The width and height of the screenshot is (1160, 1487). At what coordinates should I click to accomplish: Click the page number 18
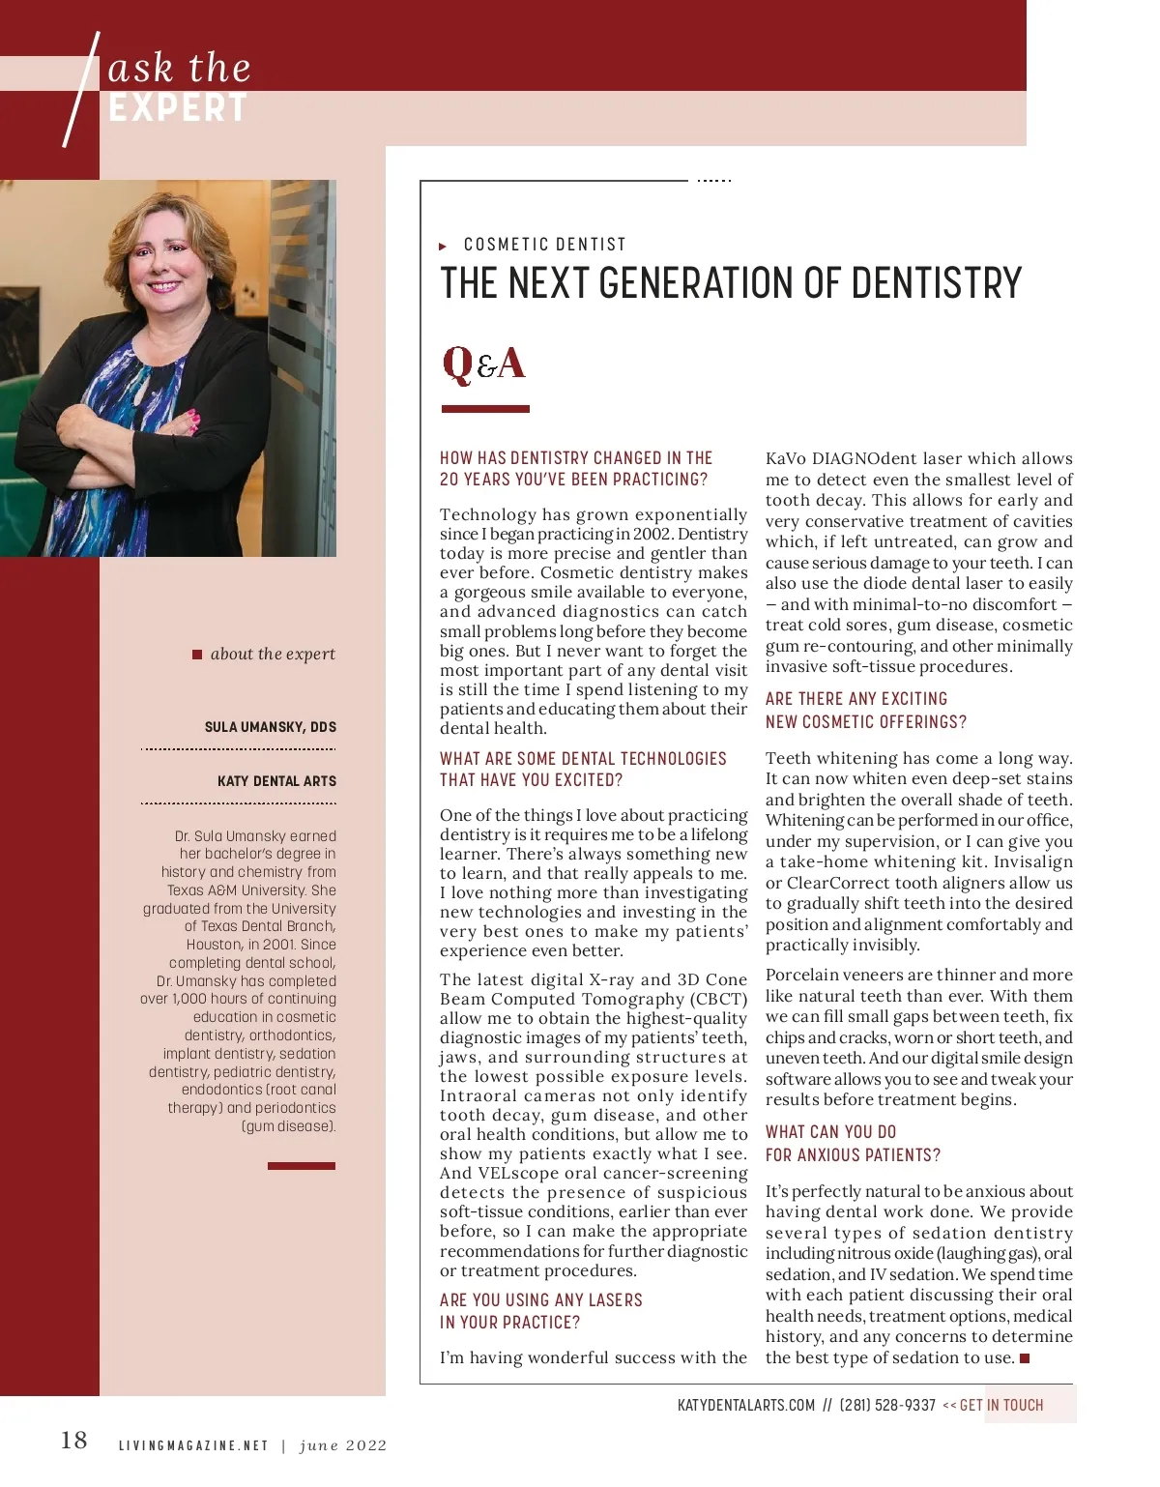(73, 1441)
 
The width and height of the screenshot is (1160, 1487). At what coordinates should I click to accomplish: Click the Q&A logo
(484, 364)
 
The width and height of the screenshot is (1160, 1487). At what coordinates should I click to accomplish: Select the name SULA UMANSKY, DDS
(271, 727)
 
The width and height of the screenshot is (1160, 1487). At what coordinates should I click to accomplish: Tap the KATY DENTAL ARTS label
(276, 781)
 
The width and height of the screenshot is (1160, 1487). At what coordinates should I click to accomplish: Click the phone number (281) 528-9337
(886, 1405)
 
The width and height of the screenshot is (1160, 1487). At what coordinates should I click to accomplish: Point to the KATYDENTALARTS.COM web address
(746, 1405)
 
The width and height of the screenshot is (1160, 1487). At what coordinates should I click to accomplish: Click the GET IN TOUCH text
(1001, 1405)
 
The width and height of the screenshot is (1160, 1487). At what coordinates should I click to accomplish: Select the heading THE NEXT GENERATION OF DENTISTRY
(731, 283)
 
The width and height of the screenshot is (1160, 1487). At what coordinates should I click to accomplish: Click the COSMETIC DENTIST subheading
(545, 245)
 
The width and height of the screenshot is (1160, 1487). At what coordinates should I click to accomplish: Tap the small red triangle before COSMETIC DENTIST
(443, 247)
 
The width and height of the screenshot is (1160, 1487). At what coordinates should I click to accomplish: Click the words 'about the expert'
(273, 654)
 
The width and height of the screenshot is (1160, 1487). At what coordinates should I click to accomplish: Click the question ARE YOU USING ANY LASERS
(540, 1311)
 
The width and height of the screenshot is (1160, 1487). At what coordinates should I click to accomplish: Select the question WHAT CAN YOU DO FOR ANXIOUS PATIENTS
(853, 1143)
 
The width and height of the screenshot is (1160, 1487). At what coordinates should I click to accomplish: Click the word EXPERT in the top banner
(178, 108)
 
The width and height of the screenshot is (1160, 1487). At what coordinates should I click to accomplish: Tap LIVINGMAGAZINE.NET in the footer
(193, 1445)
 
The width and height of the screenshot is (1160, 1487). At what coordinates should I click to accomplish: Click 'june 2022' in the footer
(343, 1445)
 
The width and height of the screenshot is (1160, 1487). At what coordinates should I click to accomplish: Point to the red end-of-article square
(1025, 1358)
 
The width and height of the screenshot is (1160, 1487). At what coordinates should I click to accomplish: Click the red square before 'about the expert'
(197, 655)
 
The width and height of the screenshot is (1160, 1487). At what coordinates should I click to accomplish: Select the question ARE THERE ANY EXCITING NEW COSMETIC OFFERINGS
(865, 710)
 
